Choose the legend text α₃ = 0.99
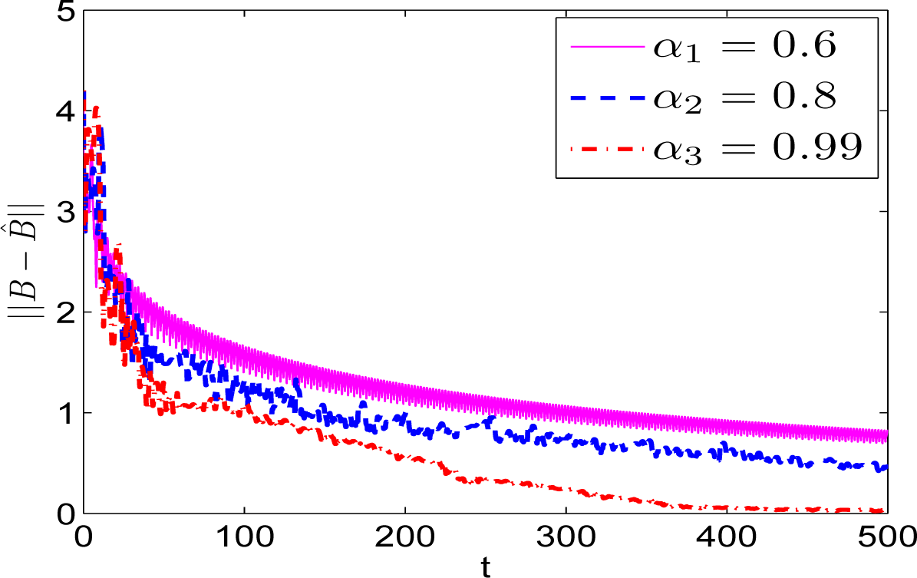click(756, 148)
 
